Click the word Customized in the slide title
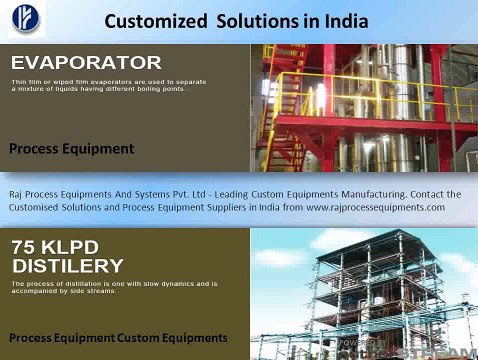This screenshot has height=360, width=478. click(150, 21)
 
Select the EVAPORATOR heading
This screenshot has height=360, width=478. click(86, 62)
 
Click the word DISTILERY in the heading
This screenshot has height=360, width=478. click(68, 266)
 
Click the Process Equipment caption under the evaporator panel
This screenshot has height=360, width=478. click(71, 149)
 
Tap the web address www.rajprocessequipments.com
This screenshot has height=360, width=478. click(375, 207)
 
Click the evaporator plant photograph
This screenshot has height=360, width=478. click(364, 108)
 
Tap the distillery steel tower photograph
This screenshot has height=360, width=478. click(364, 290)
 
